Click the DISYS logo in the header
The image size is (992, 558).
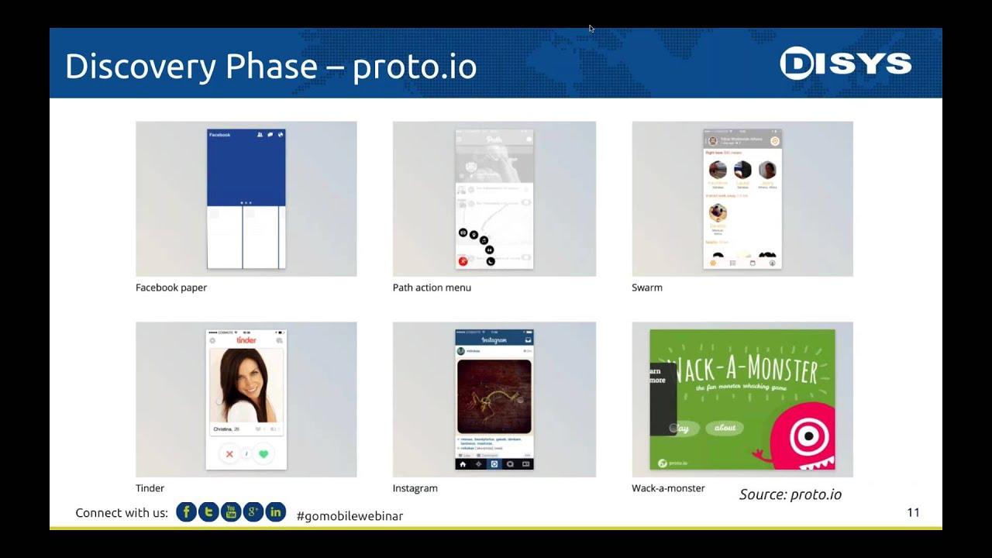point(846,64)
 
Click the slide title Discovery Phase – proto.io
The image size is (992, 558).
point(270,67)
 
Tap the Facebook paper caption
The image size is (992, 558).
point(171,288)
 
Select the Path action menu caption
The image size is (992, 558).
point(432,288)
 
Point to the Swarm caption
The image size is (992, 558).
point(647,288)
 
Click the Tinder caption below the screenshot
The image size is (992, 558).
point(150,488)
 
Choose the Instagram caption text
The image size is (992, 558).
point(415,488)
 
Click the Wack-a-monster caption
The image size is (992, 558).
point(668,488)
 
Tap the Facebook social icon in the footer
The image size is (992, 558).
point(186,512)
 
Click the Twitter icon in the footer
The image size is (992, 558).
point(208,512)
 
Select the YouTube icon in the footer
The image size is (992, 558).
point(231,512)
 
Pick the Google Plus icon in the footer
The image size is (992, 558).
point(253,512)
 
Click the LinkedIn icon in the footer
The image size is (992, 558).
point(276,512)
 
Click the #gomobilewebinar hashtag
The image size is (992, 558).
point(350,515)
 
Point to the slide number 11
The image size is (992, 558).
point(913,512)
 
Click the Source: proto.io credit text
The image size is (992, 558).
point(790,494)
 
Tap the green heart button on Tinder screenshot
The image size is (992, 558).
point(263,454)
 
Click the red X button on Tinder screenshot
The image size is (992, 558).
point(229,454)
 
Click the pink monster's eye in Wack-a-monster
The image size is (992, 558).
point(808,436)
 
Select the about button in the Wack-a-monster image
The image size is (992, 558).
point(725,428)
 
